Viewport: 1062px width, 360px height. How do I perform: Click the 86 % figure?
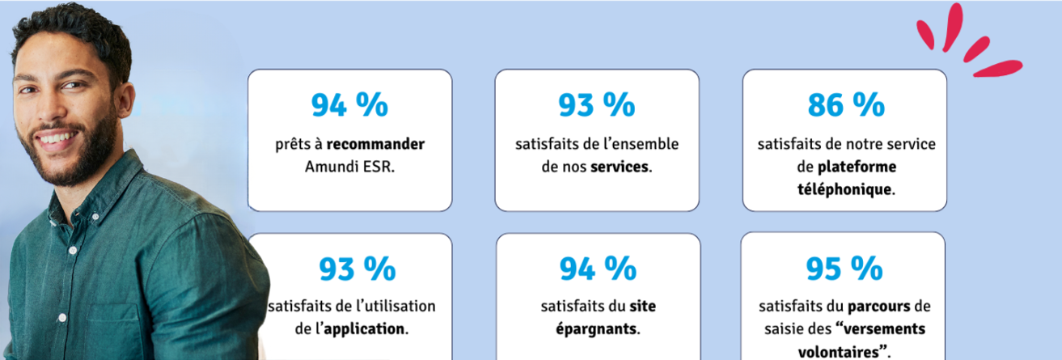click(x=845, y=105)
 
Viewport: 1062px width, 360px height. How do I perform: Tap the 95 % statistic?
click(x=843, y=267)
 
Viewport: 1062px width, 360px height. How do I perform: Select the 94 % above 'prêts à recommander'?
click(x=349, y=105)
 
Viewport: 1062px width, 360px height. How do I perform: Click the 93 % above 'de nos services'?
click(x=597, y=105)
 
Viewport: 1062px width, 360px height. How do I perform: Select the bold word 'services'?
click(x=620, y=167)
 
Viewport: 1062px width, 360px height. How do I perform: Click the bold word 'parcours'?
click(x=878, y=307)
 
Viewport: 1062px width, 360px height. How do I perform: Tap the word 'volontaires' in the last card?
click(x=839, y=352)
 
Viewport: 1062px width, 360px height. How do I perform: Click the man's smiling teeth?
click(x=54, y=138)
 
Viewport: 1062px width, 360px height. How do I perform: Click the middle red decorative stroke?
click(x=975, y=48)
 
